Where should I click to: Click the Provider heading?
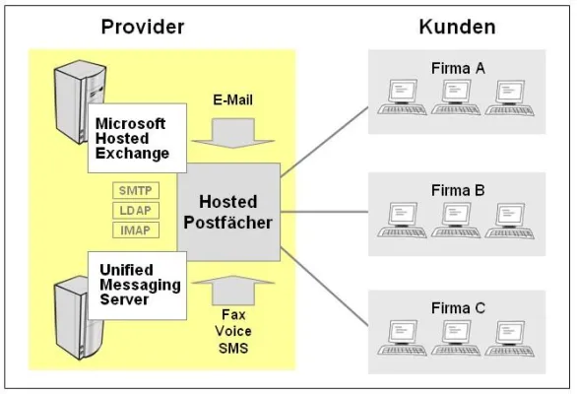143,27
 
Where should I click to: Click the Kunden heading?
456,27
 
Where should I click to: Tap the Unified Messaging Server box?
134,283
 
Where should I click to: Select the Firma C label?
458,307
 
